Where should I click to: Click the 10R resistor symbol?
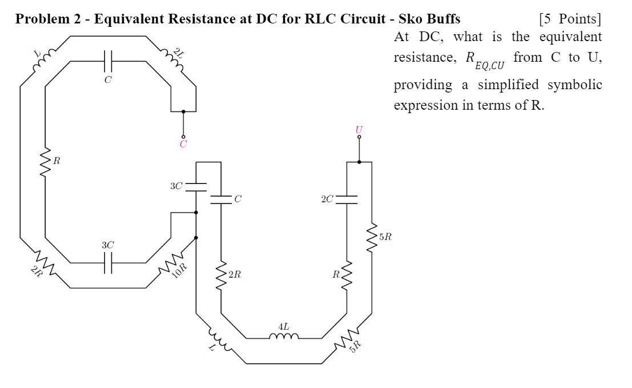click(171, 263)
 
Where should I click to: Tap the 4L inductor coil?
click(284, 337)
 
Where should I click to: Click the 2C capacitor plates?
click(347, 199)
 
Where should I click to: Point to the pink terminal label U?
click(359, 130)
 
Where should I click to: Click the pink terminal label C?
click(183, 145)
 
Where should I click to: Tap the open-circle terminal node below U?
click(359, 137)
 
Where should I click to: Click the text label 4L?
click(283, 326)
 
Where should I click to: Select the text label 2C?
click(327, 199)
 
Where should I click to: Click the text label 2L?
click(180, 54)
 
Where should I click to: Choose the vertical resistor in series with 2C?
click(347, 275)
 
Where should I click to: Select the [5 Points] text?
click(569, 19)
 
